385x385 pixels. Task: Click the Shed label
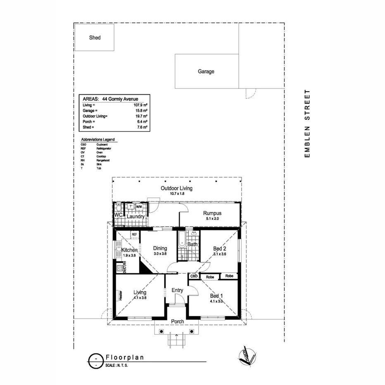[95, 38]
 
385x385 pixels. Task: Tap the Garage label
[206, 71]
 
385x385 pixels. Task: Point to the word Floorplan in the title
[124, 358]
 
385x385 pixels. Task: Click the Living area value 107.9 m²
[142, 105]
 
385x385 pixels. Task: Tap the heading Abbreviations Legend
[98, 140]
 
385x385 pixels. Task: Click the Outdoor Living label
[176, 188]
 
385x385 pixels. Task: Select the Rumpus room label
[211, 213]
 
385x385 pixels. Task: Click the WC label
[118, 216]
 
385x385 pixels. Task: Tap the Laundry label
[135, 216]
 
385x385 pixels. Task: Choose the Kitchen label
[129, 250]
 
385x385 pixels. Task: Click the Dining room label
[160, 248]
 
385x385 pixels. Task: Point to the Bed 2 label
[219, 248]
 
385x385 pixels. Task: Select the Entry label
[177, 290]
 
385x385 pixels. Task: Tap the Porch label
[178, 321]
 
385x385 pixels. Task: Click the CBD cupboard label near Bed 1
[193, 276]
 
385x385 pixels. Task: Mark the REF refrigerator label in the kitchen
[134, 234]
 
